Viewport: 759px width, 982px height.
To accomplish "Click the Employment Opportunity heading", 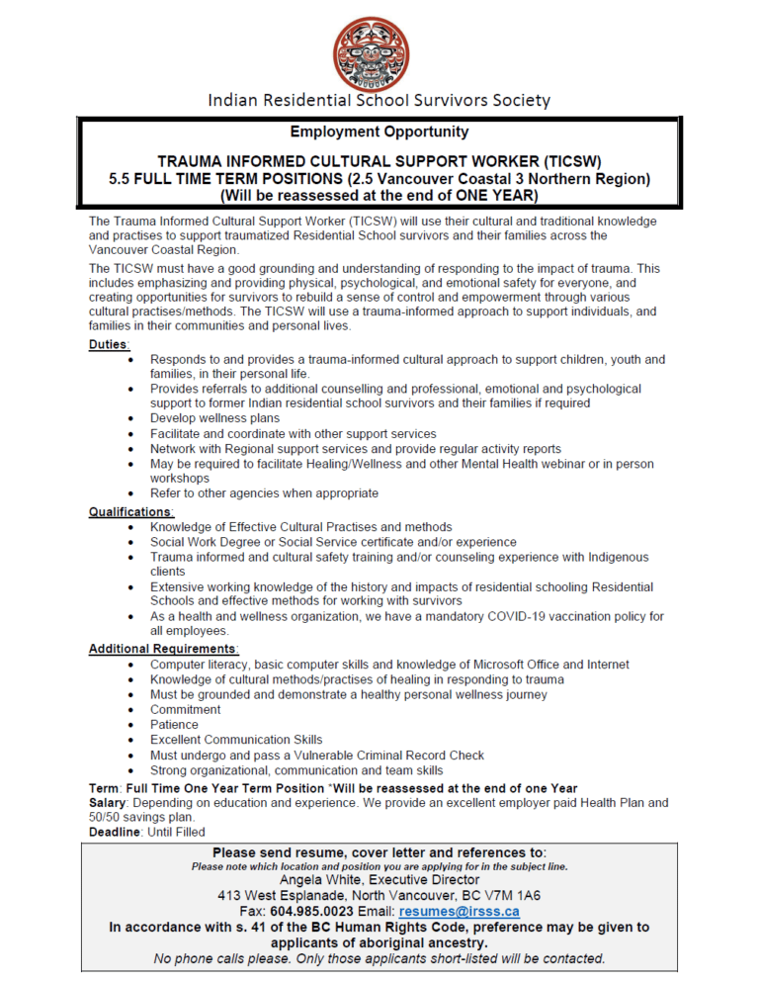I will (379, 132).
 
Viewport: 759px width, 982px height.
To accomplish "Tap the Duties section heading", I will (109, 344).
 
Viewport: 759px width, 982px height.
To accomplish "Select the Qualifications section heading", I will (130, 511).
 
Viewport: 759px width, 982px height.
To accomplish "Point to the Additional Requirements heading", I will (163, 649).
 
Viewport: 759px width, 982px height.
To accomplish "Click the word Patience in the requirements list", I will (174, 725).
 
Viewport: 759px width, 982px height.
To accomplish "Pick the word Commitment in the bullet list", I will (185, 710).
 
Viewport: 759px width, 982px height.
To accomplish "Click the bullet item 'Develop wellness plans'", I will (214, 418).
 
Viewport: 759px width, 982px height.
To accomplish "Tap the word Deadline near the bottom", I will (117, 833).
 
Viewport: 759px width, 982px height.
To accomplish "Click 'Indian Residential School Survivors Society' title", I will (379, 100).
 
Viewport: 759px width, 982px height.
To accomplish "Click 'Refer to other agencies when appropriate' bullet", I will (264, 492).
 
